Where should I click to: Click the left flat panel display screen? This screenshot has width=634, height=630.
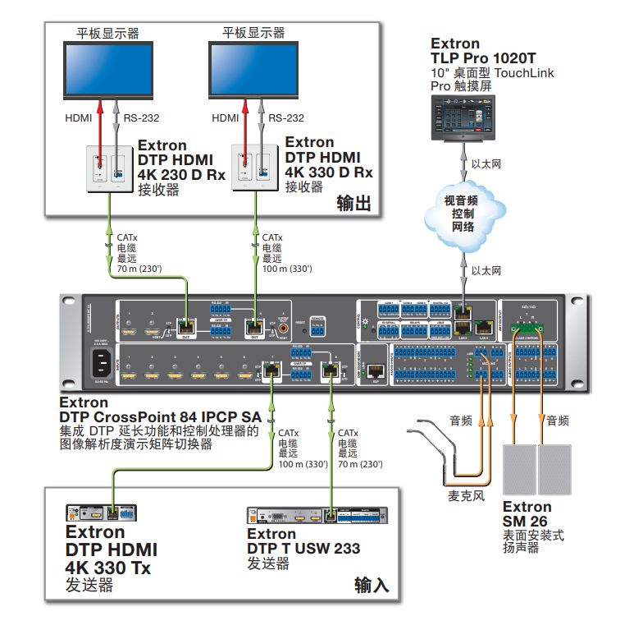[x=108, y=69]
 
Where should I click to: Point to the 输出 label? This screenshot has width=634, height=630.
[x=355, y=203]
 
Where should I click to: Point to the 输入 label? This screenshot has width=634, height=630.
[x=372, y=584]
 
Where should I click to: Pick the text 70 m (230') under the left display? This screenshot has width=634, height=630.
[x=140, y=269]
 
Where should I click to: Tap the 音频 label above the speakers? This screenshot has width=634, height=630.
[x=558, y=421]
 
